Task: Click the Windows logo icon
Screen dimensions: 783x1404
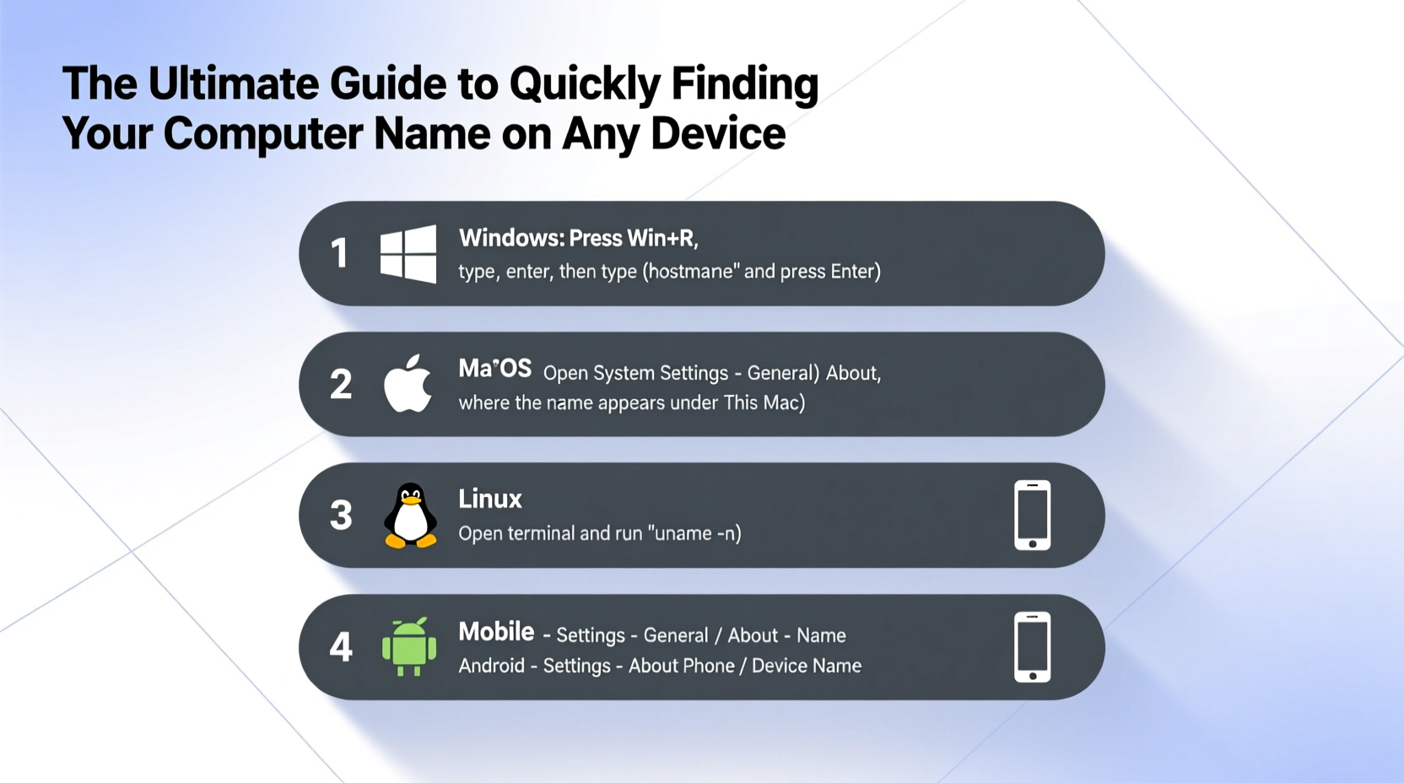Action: coord(408,253)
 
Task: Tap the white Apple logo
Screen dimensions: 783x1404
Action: coord(408,385)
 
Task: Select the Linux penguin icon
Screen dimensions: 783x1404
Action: coord(410,516)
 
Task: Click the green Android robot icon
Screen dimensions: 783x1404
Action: coord(409,647)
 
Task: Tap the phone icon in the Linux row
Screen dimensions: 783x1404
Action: coord(1032,515)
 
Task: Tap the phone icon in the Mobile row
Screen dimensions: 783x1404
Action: coord(1032,646)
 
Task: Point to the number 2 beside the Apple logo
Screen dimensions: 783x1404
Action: coord(341,385)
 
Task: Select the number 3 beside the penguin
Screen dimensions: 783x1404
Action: coord(341,516)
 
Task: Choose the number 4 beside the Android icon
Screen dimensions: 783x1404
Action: coord(341,647)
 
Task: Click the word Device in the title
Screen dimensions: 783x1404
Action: coord(717,133)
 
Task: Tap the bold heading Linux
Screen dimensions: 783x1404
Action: coord(489,499)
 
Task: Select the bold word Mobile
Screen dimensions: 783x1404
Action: coord(496,631)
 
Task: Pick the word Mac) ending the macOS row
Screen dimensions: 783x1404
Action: coord(784,402)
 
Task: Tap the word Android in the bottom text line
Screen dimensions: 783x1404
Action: coord(491,666)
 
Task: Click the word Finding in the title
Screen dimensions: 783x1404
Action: coord(744,84)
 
